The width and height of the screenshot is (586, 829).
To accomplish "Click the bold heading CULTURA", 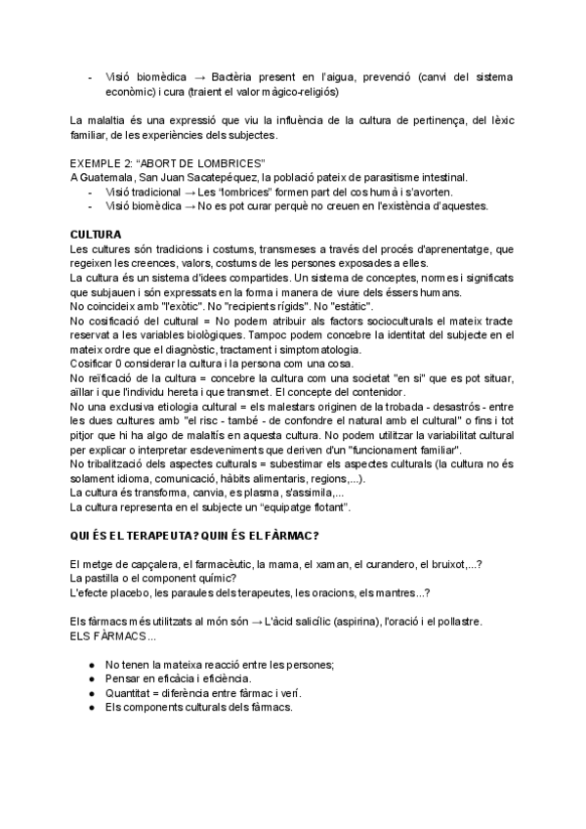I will (96, 237).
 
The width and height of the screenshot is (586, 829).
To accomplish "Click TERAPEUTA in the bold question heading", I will (158, 537).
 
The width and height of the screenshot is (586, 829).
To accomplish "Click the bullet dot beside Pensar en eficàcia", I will (91, 678).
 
